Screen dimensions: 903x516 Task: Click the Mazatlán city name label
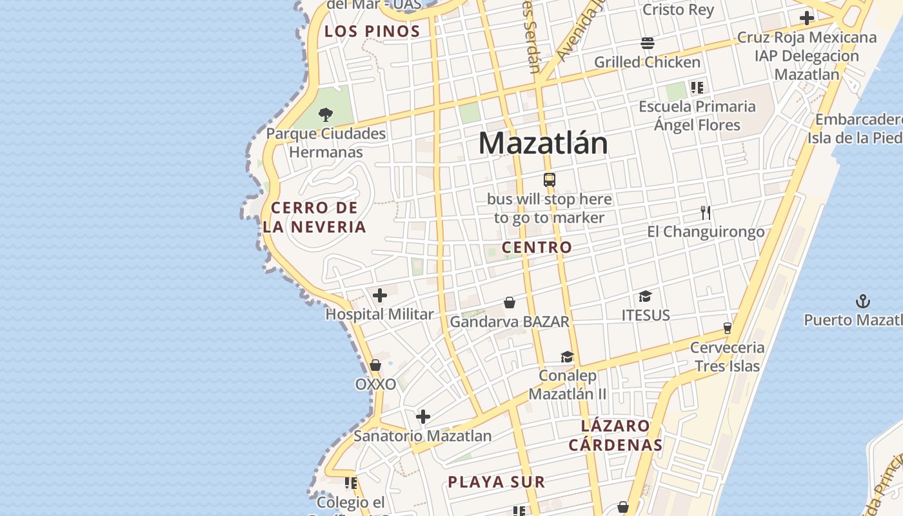pyautogui.click(x=543, y=143)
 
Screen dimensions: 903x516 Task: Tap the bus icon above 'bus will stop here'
pyautogui.click(x=550, y=180)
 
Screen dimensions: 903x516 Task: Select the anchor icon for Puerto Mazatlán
pyautogui.click(x=862, y=301)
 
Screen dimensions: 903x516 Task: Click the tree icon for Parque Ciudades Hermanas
pyautogui.click(x=326, y=115)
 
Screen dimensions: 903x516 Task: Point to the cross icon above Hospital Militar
pyautogui.click(x=380, y=296)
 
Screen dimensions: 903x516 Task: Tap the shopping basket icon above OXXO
pyautogui.click(x=375, y=366)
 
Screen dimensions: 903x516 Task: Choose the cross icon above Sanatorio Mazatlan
pyautogui.click(x=423, y=417)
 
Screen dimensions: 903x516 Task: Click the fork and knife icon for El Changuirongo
pyautogui.click(x=706, y=213)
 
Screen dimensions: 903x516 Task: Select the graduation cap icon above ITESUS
pyautogui.click(x=645, y=297)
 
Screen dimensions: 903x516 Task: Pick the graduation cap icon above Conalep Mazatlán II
pyautogui.click(x=567, y=357)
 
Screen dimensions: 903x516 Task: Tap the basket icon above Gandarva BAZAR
pyautogui.click(x=510, y=303)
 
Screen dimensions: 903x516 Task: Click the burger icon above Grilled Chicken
pyautogui.click(x=648, y=43)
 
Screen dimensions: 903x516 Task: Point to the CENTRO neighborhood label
pyautogui.click(x=537, y=247)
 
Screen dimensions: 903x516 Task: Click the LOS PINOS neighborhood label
pyautogui.click(x=372, y=31)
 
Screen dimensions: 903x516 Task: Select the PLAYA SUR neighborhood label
pyautogui.click(x=497, y=482)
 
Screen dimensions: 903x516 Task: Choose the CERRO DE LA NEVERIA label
pyautogui.click(x=315, y=217)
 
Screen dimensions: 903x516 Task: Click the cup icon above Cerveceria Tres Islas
pyautogui.click(x=728, y=328)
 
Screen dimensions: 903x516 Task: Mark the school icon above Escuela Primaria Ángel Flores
pyautogui.click(x=697, y=87)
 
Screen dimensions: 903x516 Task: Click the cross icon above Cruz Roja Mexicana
pyautogui.click(x=806, y=18)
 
